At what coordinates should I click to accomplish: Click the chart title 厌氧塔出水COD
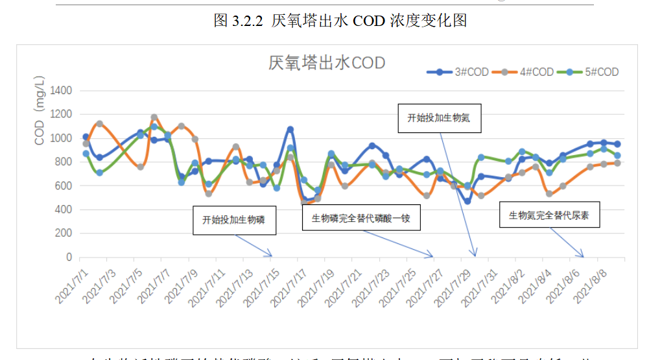[327, 63]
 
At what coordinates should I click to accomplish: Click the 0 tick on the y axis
[68, 258]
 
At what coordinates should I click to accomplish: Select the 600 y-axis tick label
[63, 186]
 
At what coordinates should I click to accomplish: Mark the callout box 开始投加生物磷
[233, 220]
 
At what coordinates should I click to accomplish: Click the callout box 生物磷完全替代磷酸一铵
[361, 217]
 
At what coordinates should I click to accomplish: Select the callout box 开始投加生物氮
[438, 118]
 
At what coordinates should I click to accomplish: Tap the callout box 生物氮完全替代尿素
[549, 214]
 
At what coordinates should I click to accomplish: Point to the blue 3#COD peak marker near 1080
[290, 130]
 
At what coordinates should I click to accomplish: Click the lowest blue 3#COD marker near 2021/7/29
[467, 201]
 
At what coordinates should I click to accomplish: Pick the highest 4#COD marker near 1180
[154, 117]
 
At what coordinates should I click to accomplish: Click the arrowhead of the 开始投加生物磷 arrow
[270, 254]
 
